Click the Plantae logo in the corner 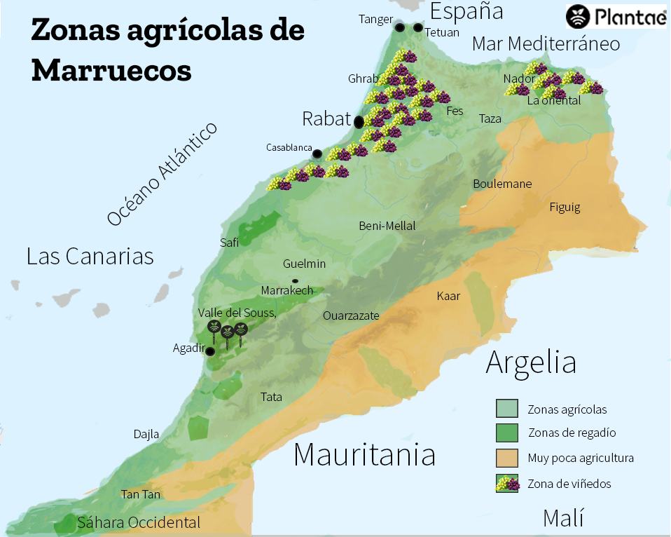click(616, 15)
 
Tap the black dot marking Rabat click(359, 121)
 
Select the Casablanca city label click(289, 147)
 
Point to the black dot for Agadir click(209, 351)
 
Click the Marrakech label click(286, 290)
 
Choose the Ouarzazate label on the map click(351, 315)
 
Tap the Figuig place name click(565, 207)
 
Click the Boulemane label click(502, 184)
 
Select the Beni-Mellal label click(387, 226)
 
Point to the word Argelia click(531, 362)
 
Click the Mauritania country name click(364, 454)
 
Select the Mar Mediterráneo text click(546, 44)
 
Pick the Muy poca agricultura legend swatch click(506, 458)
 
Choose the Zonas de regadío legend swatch click(506, 433)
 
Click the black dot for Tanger click(399, 27)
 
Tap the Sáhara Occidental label click(139, 522)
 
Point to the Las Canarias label click(90, 256)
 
